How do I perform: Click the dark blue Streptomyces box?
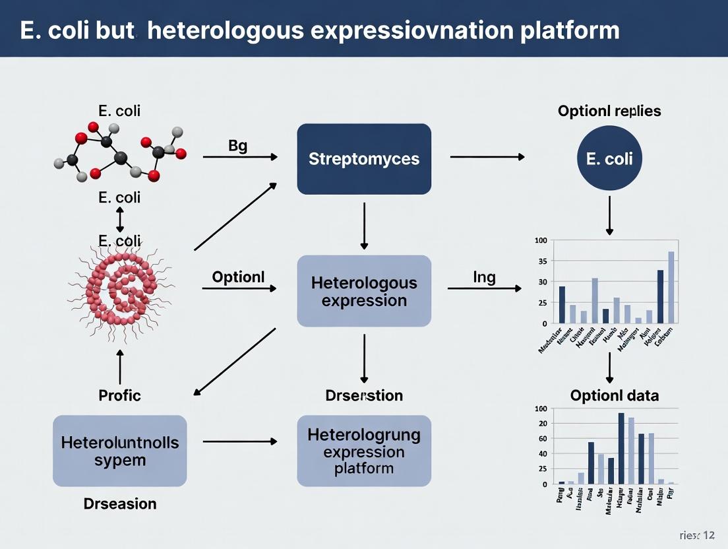364,159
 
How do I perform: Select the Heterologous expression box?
364,291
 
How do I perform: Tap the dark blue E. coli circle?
609,159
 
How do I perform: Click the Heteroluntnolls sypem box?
119,451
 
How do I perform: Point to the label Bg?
237,146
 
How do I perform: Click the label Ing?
484,277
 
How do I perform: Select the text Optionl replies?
609,111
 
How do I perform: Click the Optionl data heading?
614,396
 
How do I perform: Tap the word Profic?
119,396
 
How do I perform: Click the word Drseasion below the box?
119,504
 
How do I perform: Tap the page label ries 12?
696,534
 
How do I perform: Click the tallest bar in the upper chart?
671,287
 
